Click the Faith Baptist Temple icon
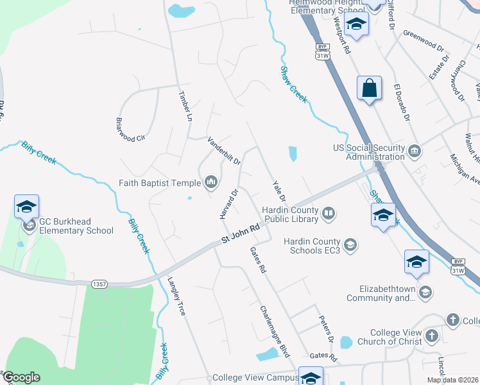click(x=211, y=184)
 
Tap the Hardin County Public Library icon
click(x=329, y=213)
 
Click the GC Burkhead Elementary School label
click(x=76, y=226)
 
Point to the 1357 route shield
click(x=99, y=283)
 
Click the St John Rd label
click(x=241, y=234)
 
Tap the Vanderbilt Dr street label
click(x=223, y=150)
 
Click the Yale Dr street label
click(x=279, y=191)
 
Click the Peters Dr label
click(x=327, y=329)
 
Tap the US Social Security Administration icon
click(x=415, y=151)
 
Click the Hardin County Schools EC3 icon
click(x=350, y=244)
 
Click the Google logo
click(x=21, y=377)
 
